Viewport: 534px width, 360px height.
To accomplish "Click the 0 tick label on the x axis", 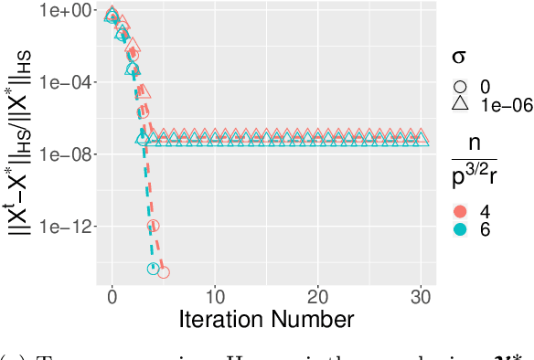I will pyautogui.click(x=112, y=296).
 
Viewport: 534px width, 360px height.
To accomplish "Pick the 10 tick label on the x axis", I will pyautogui.click(x=214, y=296).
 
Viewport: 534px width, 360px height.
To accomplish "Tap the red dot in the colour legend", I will pyautogui.click(x=463, y=211).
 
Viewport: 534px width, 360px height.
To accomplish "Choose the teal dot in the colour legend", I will pyautogui.click(x=463, y=229).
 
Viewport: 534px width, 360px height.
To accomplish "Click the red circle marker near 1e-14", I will pyautogui.click(x=163, y=271).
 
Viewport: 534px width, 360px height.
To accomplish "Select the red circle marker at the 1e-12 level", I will pyautogui.click(x=154, y=225).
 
